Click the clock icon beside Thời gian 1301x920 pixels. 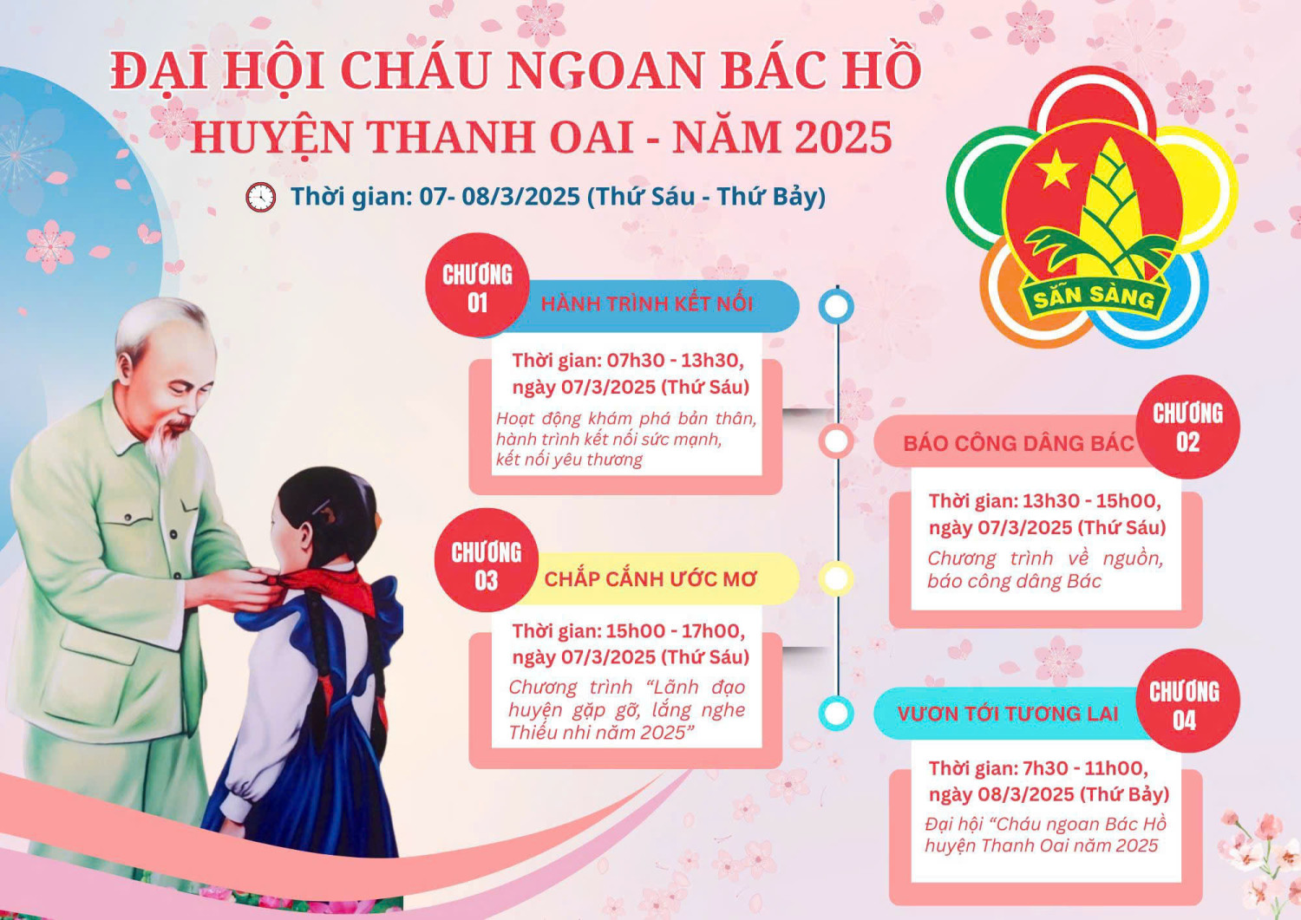(260, 198)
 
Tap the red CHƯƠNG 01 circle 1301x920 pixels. (477, 285)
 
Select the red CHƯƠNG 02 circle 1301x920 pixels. (1187, 427)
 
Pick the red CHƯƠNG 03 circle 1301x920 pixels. (486, 561)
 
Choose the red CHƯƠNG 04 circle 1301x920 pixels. (1185, 701)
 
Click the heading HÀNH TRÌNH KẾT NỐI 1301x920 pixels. (647, 304)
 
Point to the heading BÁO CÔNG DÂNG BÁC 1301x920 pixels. (1018, 444)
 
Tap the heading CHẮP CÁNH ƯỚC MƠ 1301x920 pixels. (650, 579)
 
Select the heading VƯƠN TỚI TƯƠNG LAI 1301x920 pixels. (1008, 714)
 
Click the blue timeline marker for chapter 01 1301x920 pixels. (837, 306)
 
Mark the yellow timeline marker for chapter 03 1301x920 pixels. (836, 579)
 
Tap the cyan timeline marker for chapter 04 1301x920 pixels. (836, 714)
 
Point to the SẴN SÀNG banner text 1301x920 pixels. (1093, 297)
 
